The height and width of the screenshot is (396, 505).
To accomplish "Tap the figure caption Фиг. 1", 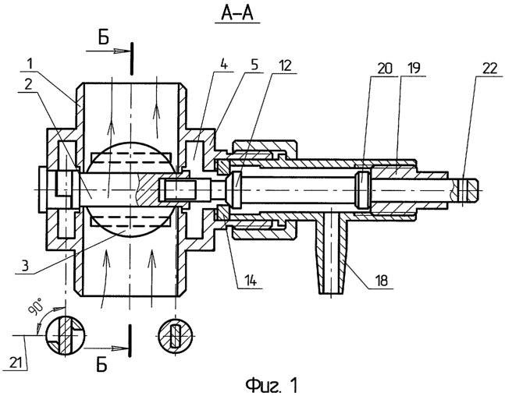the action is [272, 384].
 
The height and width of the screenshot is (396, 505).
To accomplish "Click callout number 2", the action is [28, 85].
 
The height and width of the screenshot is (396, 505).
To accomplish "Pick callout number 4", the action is [224, 65].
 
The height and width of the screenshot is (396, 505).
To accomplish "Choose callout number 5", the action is [254, 65].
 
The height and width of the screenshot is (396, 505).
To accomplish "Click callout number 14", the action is [249, 281].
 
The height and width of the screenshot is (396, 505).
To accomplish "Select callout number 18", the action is [382, 281].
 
